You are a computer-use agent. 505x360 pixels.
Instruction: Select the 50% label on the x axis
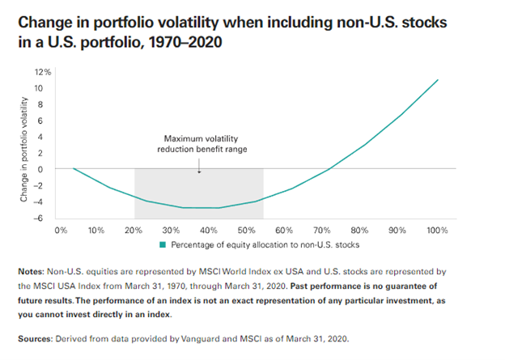pos(246,231)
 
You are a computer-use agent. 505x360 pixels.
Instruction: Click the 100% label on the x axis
pos(438,231)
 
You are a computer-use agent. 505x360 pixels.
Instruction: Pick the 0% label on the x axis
pos(60,231)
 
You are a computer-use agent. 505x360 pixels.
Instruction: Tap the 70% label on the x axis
pos(321,231)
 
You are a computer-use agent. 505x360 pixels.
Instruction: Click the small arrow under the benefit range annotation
pos(198,164)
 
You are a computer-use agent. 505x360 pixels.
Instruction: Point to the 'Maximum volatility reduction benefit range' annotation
pos(199,143)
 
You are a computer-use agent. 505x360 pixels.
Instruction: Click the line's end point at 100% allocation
pos(439,79)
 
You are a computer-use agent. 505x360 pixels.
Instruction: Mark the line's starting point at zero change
pos(74,168)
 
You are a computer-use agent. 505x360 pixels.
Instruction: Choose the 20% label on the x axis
pos(134,231)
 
